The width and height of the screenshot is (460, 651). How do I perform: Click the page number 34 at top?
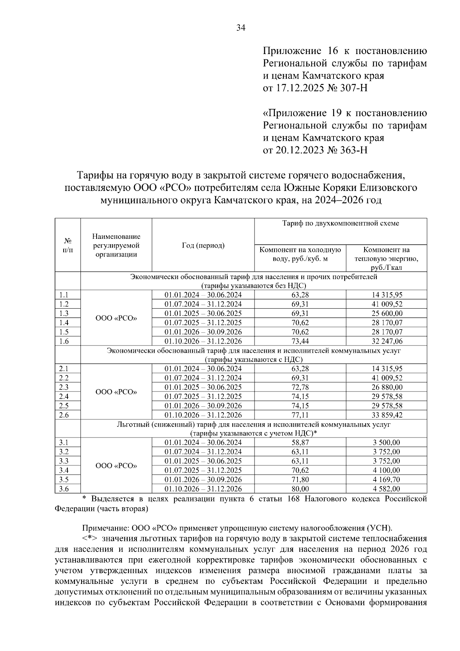tap(241, 28)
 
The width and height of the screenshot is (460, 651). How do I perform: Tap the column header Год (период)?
tap(203, 245)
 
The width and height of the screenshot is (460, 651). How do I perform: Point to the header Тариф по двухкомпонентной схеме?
tap(340, 224)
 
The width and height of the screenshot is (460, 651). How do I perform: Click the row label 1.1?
tap(64, 295)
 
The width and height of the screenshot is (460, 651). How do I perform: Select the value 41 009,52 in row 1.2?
tap(386, 304)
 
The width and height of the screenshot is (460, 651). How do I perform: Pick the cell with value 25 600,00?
tap(386, 313)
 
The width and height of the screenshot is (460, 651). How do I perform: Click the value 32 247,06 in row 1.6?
tap(386, 341)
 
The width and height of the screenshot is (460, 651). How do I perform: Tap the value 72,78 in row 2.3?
tap(300, 387)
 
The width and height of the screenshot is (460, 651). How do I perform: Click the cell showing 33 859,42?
tap(386, 415)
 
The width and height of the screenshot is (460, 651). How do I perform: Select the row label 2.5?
tap(64, 406)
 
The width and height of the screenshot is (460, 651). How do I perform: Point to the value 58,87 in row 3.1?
tap(300, 442)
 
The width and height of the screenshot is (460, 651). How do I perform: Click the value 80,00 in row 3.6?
tap(300, 489)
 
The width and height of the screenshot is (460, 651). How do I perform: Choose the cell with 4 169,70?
tap(386, 480)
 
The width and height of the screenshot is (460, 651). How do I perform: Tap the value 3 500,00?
tap(386, 442)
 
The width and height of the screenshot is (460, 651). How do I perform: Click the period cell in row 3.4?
tap(203, 470)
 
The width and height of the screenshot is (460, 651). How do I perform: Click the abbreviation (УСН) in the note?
tap(379, 528)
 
